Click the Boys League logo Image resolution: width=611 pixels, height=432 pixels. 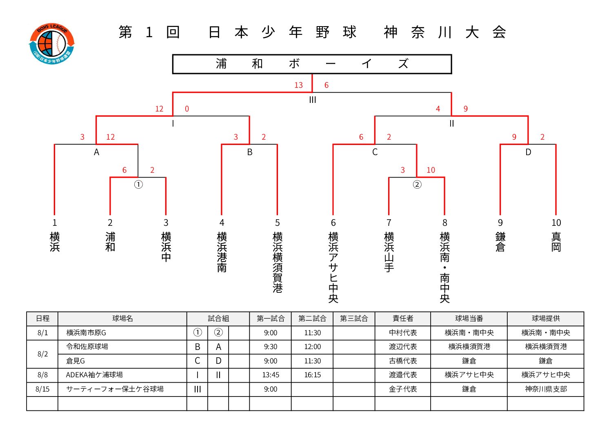point(52,44)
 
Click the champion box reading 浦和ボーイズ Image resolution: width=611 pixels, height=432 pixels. point(312,64)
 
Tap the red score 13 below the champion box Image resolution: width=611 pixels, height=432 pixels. point(298,85)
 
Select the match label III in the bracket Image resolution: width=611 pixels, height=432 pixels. point(313,100)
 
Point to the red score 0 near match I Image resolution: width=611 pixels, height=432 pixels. point(187,109)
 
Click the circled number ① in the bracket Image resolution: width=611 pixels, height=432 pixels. point(138,185)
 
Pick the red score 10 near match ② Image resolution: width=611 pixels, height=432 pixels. point(431,170)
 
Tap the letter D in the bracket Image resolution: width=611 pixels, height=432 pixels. point(529,152)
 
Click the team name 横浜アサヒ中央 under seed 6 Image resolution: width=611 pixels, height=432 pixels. point(333,267)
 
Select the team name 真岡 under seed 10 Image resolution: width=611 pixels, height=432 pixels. point(556,242)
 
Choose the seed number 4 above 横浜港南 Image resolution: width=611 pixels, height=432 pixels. point(222,223)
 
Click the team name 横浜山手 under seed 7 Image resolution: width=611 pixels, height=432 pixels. point(389,252)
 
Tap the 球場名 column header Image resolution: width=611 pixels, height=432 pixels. point(122,318)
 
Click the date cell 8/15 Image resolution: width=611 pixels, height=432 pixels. point(42,389)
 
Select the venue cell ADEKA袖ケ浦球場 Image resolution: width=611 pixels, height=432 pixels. point(94,375)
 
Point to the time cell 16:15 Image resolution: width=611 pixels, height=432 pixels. point(312,375)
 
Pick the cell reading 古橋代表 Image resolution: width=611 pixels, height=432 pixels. point(403,361)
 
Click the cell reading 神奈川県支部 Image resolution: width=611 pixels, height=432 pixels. point(546,389)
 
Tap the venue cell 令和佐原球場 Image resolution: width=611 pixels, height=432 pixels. point(87,347)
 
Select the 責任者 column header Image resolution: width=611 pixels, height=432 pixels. point(403,318)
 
